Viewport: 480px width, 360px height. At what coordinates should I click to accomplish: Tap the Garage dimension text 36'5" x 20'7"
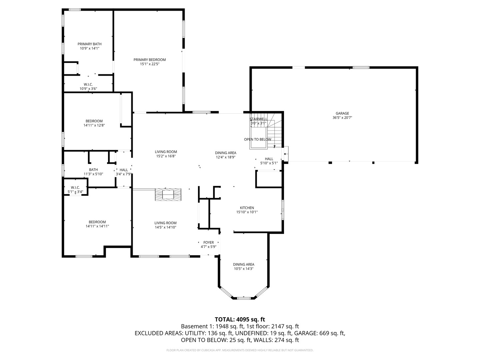coord(342,118)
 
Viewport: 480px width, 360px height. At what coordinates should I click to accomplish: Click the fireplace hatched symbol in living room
coord(168,194)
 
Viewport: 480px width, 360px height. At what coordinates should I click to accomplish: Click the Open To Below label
coord(257,139)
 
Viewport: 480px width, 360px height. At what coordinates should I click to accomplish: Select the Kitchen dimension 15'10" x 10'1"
coord(247,212)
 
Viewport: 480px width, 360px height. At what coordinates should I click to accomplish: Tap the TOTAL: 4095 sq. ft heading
coord(240,319)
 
